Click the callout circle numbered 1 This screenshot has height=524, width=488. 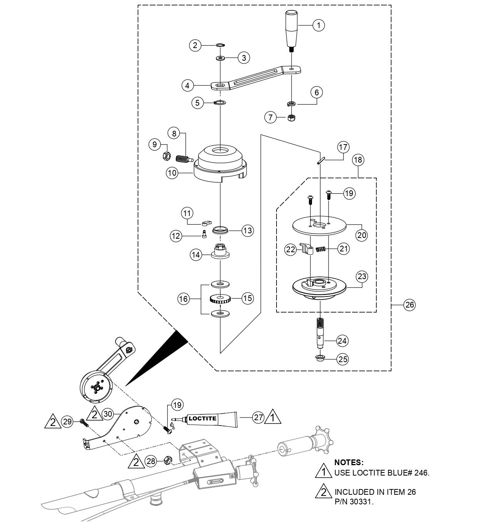click(318, 25)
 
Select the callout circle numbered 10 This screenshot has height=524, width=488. click(172, 173)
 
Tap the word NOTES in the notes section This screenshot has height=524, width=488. click(349, 462)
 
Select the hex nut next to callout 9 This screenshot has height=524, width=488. click(166, 156)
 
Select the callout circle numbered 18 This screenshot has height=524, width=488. click(358, 160)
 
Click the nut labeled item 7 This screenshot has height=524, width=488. click(292, 117)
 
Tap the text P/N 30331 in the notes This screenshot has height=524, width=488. click(354, 502)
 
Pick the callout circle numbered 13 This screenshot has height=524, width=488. click(248, 231)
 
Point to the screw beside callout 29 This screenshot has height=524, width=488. click(84, 423)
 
